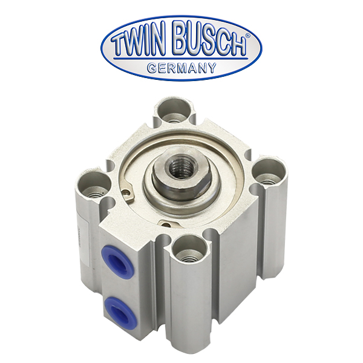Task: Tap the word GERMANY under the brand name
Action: pos(181,68)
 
